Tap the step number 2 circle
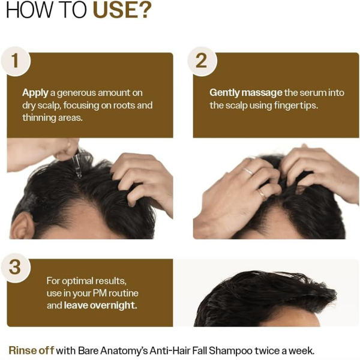coord(202,61)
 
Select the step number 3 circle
coord(16,268)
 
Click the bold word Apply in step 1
coord(35,93)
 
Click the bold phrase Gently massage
coord(245,93)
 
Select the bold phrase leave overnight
coord(100,305)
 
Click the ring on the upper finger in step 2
coord(248,171)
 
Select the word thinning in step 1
coord(40,117)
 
